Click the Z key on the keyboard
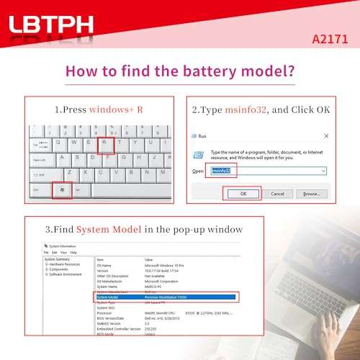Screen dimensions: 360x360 pos(69,174)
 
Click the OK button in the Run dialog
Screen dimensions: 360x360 pos(243,193)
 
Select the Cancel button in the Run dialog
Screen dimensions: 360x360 pos(277,193)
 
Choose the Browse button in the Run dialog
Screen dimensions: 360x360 pos(311,193)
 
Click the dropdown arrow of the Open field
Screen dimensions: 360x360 pos(323,171)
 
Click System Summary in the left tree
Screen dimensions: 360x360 pos(60,259)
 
